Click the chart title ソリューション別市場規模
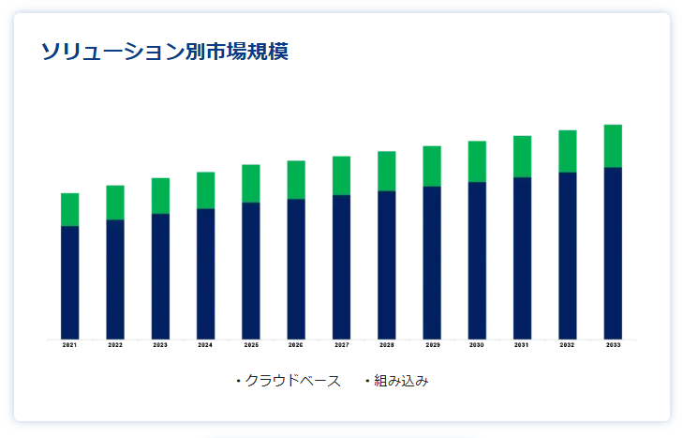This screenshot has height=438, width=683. (164, 52)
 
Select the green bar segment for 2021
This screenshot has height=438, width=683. (70, 209)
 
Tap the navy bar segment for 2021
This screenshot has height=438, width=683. (70, 281)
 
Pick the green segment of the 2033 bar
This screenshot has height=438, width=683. (613, 145)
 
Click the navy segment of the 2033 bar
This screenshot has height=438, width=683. (613, 252)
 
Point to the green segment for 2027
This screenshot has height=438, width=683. (341, 175)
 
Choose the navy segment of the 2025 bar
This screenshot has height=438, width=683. (251, 270)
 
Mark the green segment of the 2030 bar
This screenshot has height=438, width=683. (477, 161)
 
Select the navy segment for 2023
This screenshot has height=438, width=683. (160, 276)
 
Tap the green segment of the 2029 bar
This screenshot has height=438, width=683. (432, 166)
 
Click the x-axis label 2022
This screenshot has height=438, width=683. (115, 346)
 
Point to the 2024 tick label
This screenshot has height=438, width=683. (205, 346)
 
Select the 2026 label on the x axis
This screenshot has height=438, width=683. (296, 346)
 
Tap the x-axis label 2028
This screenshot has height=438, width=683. (387, 346)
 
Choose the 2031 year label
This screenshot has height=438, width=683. (522, 346)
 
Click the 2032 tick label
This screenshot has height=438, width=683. (568, 346)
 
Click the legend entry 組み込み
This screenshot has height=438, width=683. (401, 381)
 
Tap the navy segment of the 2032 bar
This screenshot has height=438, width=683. (568, 255)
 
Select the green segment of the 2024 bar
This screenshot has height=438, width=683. (205, 190)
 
